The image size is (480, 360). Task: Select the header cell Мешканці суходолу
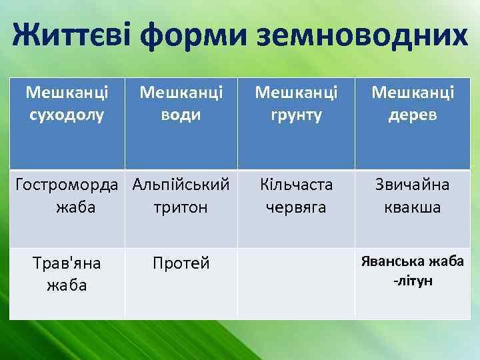(67, 103)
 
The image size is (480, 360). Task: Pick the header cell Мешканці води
(181, 103)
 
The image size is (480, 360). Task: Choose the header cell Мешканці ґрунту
(296, 103)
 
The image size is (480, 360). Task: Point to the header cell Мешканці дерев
(412, 103)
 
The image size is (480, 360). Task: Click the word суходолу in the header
(67, 115)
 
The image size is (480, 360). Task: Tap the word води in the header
(181, 115)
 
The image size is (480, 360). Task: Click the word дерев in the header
(412, 115)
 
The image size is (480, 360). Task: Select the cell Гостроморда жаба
(67, 196)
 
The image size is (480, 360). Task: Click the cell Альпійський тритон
(181, 196)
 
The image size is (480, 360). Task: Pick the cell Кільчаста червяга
(296, 196)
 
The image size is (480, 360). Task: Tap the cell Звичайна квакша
(412, 196)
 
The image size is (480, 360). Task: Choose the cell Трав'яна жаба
(67, 274)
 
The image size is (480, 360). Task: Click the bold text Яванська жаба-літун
(412, 271)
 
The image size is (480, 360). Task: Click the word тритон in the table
(181, 207)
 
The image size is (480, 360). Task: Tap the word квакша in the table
(412, 207)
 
